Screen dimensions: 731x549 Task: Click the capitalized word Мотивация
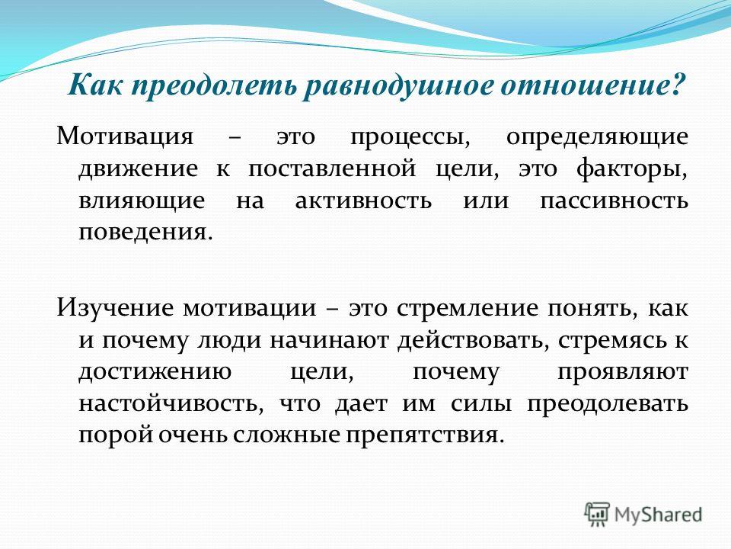(125, 136)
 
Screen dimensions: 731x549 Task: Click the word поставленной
(331, 169)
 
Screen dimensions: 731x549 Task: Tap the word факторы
(632, 169)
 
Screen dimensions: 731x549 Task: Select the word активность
(363, 201)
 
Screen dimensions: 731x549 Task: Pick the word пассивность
(614, 201)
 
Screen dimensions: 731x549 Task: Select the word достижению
(155, 372)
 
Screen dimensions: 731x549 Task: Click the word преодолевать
(608, 404)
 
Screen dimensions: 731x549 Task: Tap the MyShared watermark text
(658, 515)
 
